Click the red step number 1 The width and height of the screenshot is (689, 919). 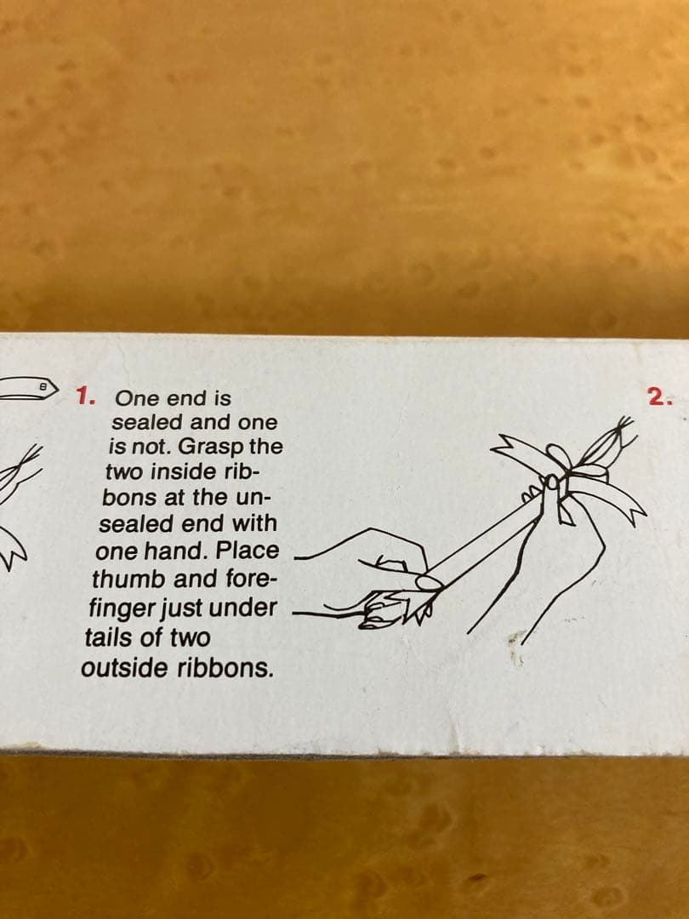(86, 397)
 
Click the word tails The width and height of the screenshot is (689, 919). (105, 637)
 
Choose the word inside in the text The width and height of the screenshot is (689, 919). (174, 471)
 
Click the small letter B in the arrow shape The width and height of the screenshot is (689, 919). (43, 387)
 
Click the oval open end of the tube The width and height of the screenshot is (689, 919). (430, 583)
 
